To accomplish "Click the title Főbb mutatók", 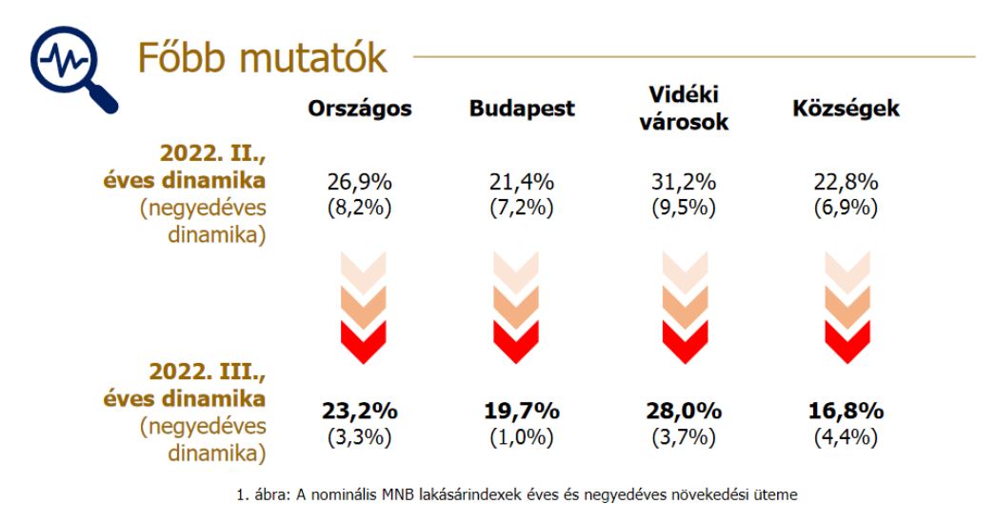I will (x=263, y=58).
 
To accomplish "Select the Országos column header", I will (x=360, y=109).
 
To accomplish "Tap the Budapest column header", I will (x=522, y=109).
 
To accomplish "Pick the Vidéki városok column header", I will (x=683, y=108).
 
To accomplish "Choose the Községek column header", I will (x=846, y=109).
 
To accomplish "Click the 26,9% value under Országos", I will (x=360, y=183).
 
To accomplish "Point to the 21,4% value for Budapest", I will (x=522, y=183).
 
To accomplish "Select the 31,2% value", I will (x=683, y=183).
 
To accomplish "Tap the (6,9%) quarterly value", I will (x=846, y=208).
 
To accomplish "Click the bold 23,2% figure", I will (x=360, y=412).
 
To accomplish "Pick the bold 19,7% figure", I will (x=522, y=412).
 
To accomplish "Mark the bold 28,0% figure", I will (x=683, y=412).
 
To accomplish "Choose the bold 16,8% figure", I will (x=846, y=412).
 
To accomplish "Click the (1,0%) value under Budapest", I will (x=522, y=437).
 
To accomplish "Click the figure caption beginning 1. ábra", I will (x=517, y=494).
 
